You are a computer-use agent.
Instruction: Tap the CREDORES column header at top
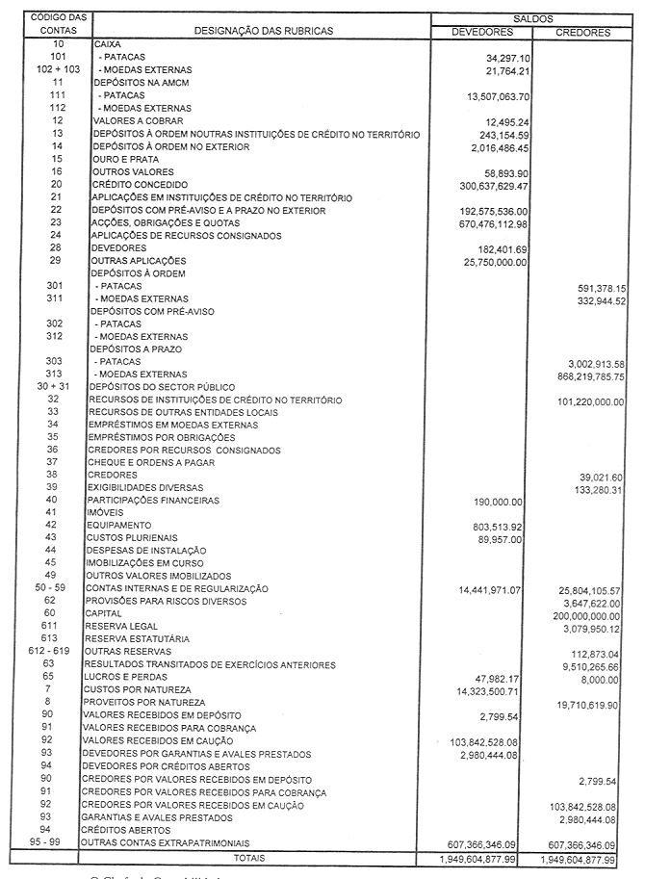coord(584,32)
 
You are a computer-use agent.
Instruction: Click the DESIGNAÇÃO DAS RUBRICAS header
coord(264,31)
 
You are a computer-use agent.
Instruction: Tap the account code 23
coord(57,222)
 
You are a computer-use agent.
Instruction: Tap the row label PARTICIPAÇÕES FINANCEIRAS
coord(152,500)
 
